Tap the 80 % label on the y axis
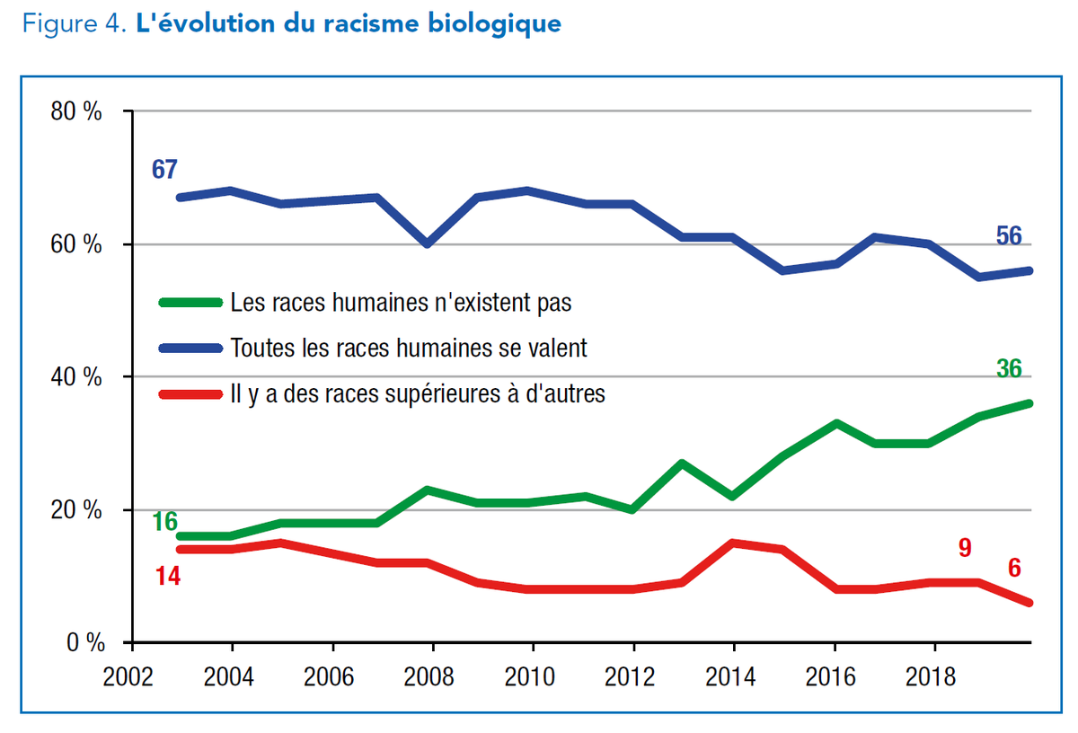pyautogui.click(x=77, y=112)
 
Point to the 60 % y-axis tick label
pyautogui.click(x=77, y=245)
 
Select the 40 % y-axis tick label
pyautogui.click(x=77, y=377)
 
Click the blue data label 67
pyautogui.click(x=164, y=169)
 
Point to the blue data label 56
pyautogui.click(x=1009, y=236)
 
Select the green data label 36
pyautogui.click(x=1009, y=368)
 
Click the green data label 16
pyautogui.click(x=164, y=521)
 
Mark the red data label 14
pyautogui.click(x=168, y=576)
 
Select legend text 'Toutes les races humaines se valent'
pyautogui.click(x=409, y=348)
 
